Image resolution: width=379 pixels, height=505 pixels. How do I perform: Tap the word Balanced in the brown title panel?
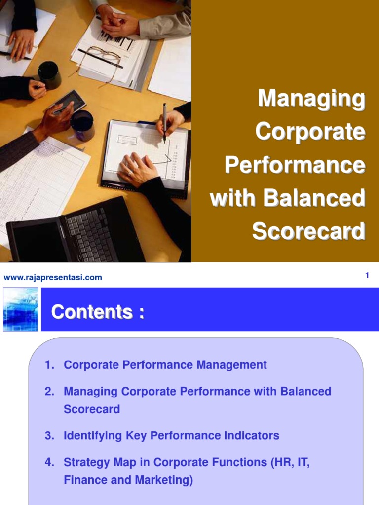[314, 198]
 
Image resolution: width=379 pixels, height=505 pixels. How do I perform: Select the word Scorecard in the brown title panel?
[308, 231]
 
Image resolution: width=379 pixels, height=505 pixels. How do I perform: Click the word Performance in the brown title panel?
[295, 165]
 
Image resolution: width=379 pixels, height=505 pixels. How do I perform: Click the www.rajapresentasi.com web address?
[53, 277]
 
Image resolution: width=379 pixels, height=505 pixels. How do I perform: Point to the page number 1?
[367, 276]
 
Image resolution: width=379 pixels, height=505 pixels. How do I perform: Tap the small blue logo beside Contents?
[21, 309]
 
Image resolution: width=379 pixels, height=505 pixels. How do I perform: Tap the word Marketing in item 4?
[165, 480]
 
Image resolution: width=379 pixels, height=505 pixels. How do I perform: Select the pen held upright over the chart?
[164, 122]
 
